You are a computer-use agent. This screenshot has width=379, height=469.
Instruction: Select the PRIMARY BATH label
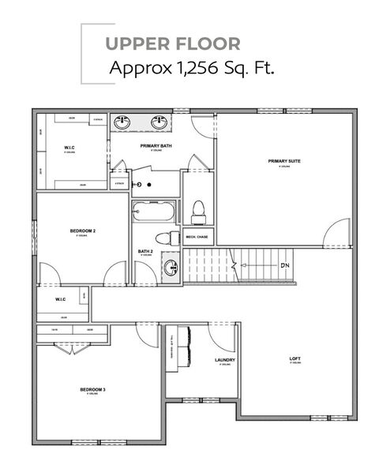[156, 146]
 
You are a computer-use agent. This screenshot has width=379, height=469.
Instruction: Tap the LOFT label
[295, 358]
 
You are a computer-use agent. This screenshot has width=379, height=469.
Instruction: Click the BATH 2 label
[145, 252]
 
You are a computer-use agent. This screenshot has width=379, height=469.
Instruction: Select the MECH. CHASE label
[197, 236]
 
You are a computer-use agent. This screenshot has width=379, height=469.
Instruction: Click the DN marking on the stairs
[285, 265]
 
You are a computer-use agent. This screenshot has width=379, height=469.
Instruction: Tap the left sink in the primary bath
[123, 124]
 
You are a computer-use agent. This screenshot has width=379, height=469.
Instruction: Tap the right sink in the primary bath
[159, 124]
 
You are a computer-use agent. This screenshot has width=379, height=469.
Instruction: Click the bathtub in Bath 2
[153, 212]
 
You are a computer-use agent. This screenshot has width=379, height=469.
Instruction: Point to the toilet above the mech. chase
[198, 211]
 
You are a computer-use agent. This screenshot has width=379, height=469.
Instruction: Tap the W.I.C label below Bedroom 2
[61, 299]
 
